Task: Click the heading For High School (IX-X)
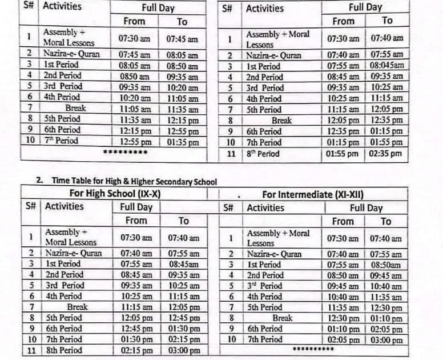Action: [115, 194]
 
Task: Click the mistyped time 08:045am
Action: [386, 66]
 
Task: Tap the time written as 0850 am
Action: [135, 76]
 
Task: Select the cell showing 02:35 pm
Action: [386, 154]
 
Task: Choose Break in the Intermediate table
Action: [283, 318]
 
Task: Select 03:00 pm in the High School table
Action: [183, 351]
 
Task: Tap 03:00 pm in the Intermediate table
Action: [386, 340]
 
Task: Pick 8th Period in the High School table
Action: [63, 350]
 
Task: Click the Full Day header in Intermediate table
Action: [366, 208]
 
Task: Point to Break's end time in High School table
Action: [183, 307]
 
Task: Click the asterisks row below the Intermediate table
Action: [313, 349]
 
